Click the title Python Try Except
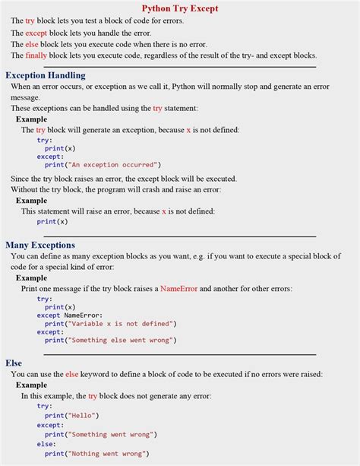[x=180, y=8]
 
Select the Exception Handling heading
[x=45, y=75]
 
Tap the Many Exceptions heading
[x=40, y=245]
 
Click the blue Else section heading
[x=14, y=363]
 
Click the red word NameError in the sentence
[x=180, y=289]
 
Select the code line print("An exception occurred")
[x=103, y=164]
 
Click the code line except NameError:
[x=69, y=315]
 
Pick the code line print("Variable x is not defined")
[x=110, y=323]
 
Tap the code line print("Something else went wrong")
[x=110, y=340]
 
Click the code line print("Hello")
[x=71, y=415]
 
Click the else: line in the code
[x=46, y=444]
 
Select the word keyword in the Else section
[x=97, y=374]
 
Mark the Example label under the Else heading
[x=31, y=385]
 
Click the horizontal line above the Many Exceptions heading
[x=179, y=236]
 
